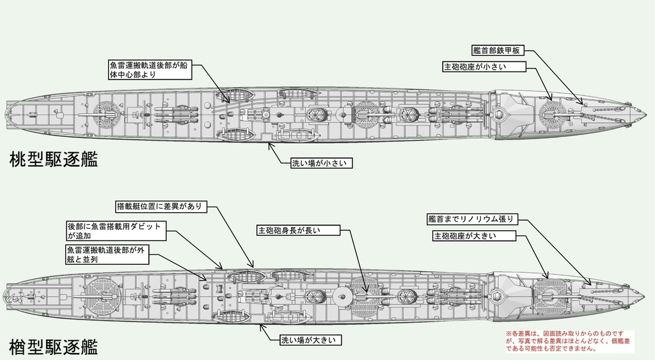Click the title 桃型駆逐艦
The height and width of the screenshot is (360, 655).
click(x=54, y=160)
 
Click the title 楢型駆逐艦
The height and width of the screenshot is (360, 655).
click(x=54, y=347)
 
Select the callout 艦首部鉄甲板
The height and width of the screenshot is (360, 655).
click(x=499, y=51)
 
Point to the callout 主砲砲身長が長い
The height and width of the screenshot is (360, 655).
click(x=288, y=230)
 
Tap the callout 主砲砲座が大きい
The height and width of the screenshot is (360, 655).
click(x=474, y=236)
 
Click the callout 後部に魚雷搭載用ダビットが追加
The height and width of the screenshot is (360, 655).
click(x=114, y=231)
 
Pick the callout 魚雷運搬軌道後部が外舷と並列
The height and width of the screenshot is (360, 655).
click(x=106, y=254)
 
